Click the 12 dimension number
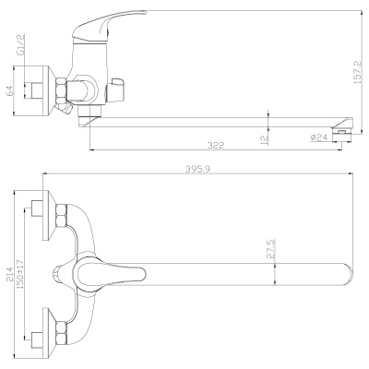coord(264,137)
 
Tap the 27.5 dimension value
coord(269,251)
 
